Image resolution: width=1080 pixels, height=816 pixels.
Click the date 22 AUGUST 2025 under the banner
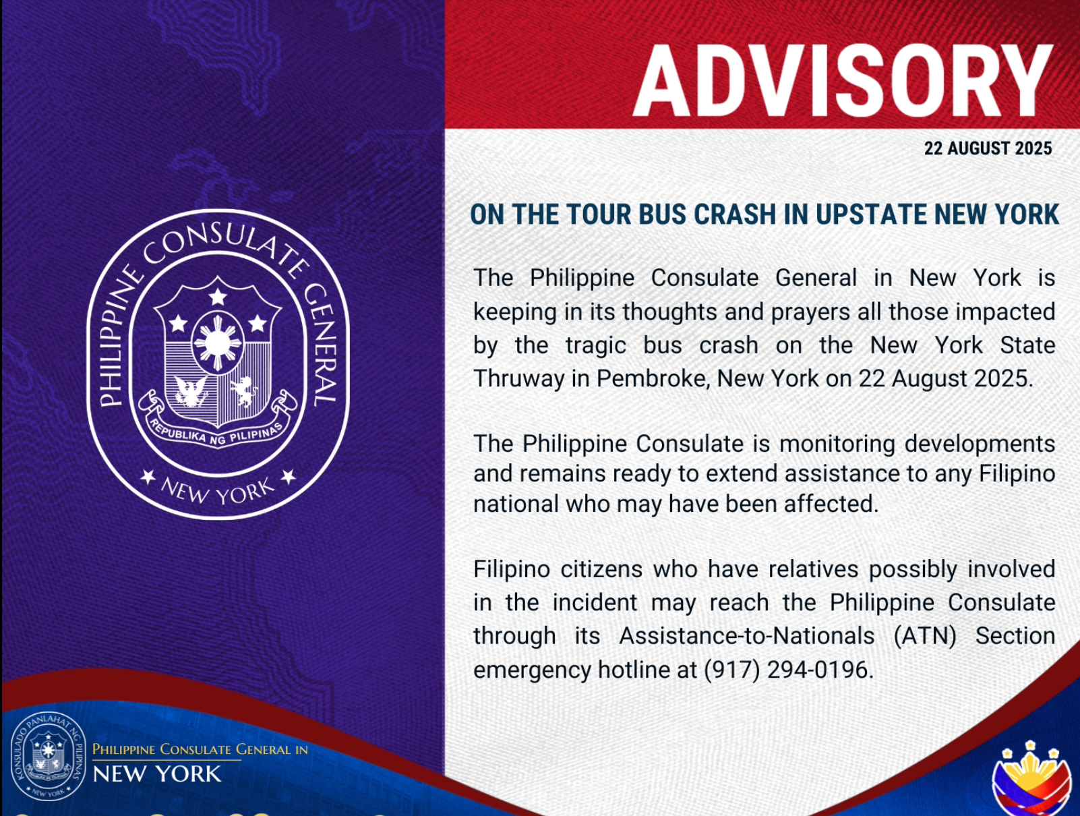[x=988, y=148]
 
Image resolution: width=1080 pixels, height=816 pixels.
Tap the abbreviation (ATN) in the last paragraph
[x=924, y=636]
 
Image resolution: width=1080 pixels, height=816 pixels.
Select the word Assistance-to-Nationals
[x=747, y=636]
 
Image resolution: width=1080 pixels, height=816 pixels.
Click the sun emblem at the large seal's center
[x=217, y=343]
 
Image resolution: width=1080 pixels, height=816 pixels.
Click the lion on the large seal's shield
[x=243, y=390]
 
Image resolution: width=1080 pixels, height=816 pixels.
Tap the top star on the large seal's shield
[x=217, y=297]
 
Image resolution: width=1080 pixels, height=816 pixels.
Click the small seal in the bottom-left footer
[x=49, y=755]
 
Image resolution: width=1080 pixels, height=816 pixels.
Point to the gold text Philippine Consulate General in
[x=200, y=749]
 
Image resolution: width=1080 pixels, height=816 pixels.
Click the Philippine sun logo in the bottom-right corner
[x=1031, y=779]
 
